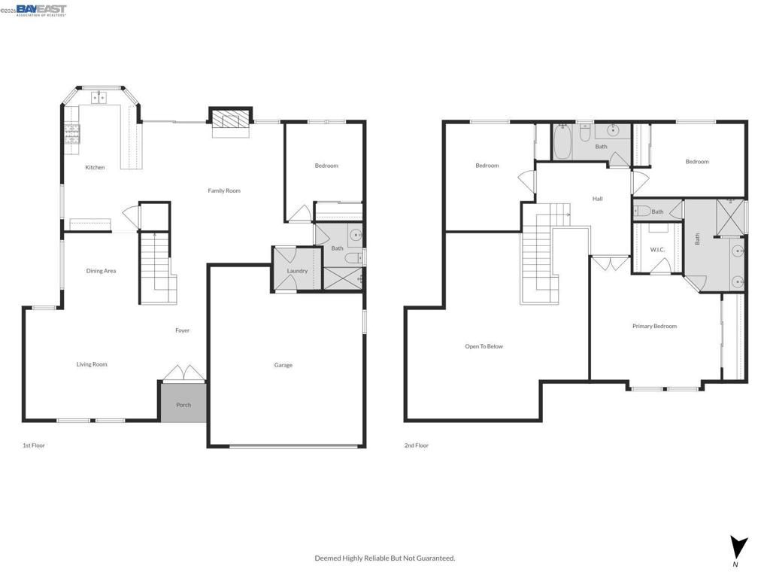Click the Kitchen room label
[x=95, y=167]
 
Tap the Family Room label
[x=224, y=190]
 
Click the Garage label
[x=283, y=365]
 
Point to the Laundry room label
[x=297, y=271]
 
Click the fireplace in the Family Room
[x=229, y=120]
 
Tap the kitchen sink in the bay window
[x=100, y=97]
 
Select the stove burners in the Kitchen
[x=72, y=133]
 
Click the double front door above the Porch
[x=183, y=373]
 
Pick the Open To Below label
[x=484, y=346]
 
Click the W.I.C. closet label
[x=657, y=249]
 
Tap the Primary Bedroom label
[x=654, y=326]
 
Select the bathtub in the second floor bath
[x=563, y=142]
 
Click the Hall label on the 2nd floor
[x=597, y=199]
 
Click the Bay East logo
[x=41, y=10]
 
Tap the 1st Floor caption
[x=34, y=446]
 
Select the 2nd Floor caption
[x=417, y=446]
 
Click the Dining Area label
[x=101, y=271]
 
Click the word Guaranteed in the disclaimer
[x=436, y=558]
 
